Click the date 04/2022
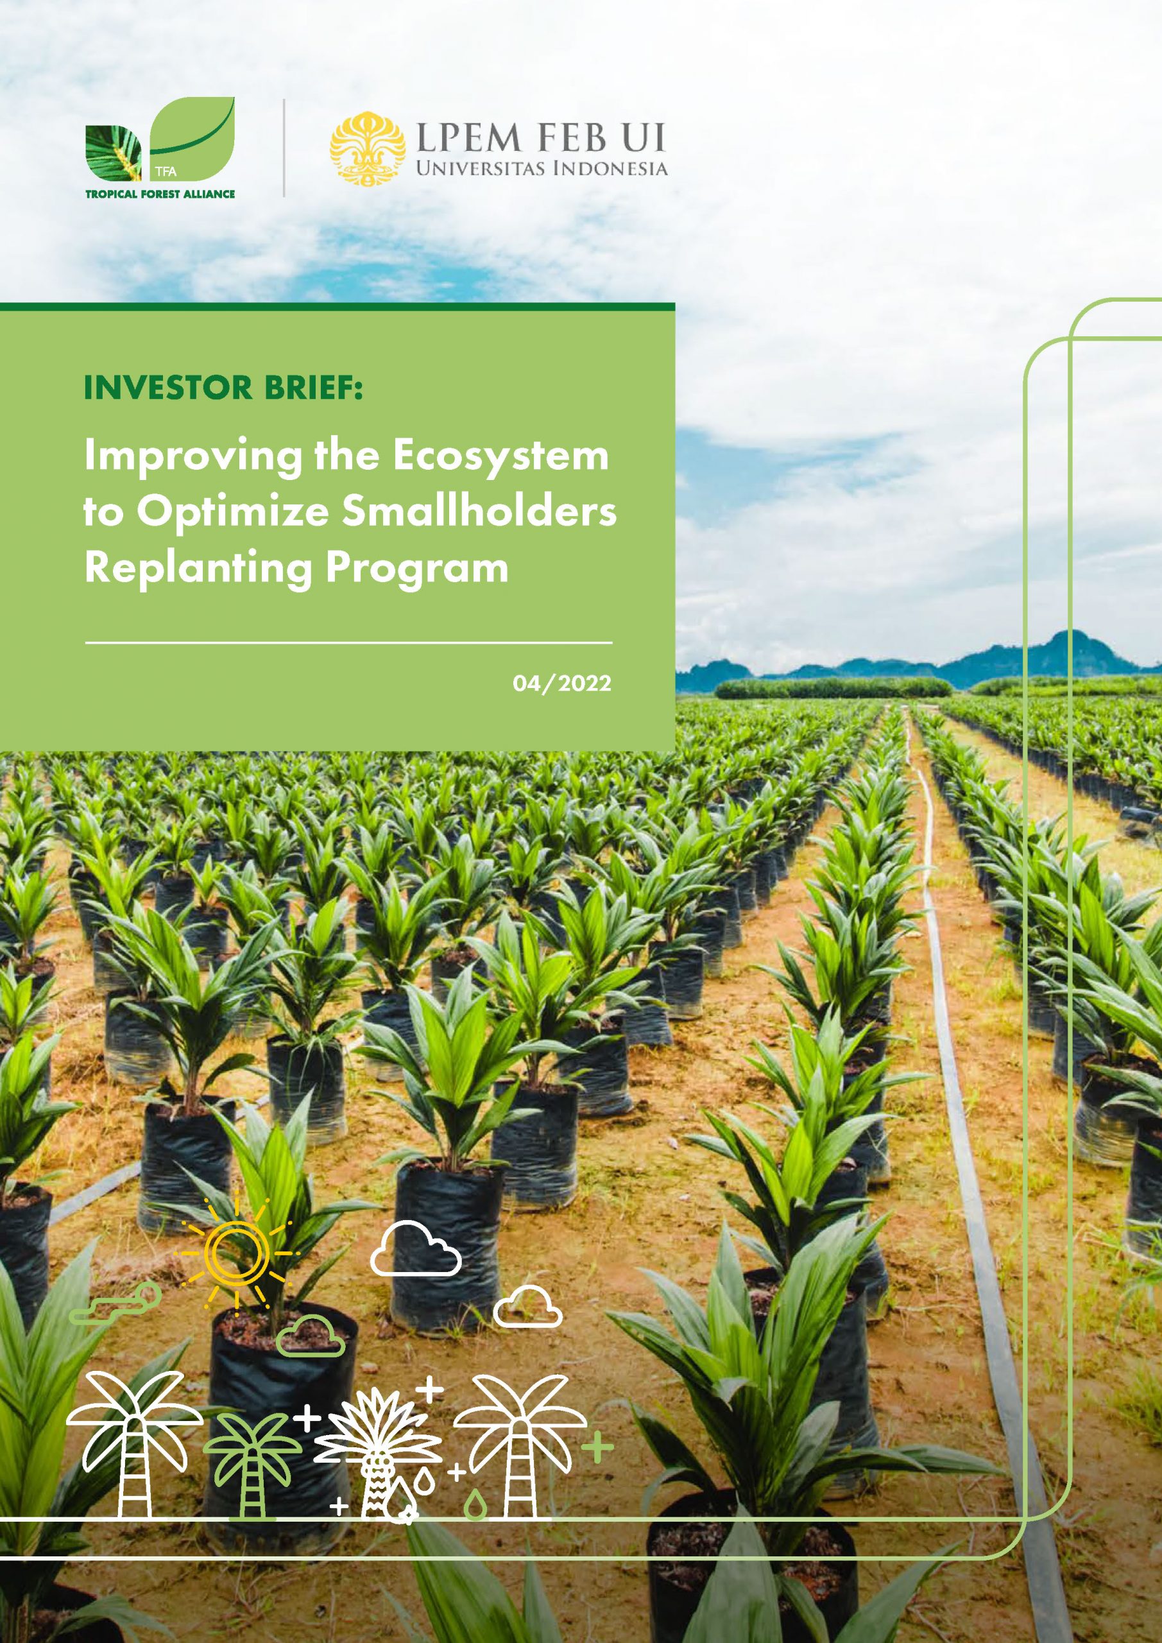coord(561,684)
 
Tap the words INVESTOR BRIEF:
coord(223,388)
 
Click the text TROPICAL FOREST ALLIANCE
coord(160,194)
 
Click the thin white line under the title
coord(348,642)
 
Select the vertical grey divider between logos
coord(284,148)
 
